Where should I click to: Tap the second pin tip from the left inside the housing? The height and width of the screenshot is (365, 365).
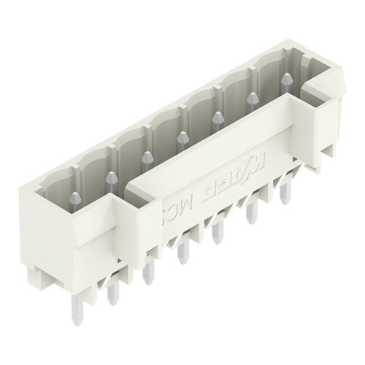(x=111, y=177)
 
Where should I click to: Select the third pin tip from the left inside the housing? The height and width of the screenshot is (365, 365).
(x=146, y=156)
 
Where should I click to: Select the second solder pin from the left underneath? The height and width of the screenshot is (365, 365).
(x=112, y=292)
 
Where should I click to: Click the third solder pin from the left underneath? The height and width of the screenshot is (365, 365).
(x=149, y=272)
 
